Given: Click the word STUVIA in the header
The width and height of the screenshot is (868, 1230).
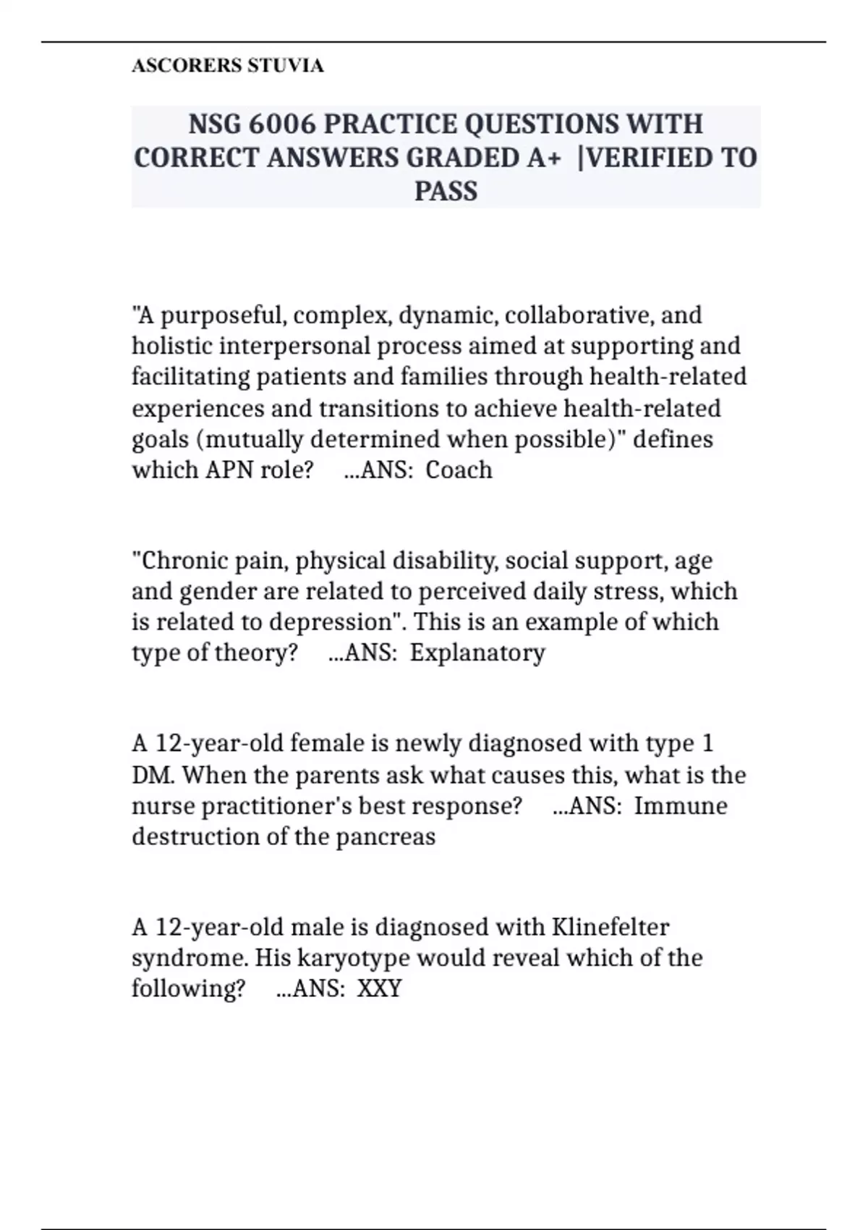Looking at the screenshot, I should (x=286, y=66).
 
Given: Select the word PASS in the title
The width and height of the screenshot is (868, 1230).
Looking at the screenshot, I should (x=446, y=191).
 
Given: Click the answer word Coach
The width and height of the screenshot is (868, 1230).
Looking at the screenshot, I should (x=459, y=470).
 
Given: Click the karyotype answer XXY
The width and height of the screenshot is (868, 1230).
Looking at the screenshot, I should (x=380, y=988).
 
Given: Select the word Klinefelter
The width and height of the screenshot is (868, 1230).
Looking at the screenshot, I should (x=610, y=927).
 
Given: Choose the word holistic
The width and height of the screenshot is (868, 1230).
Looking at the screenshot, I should (x=172, y=346).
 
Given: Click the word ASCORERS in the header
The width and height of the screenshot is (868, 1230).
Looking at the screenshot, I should (x=186, y=66).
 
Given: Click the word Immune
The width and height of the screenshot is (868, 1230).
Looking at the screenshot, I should (x=681, y=806).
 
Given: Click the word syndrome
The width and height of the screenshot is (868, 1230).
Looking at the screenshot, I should (x=190, y=958).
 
